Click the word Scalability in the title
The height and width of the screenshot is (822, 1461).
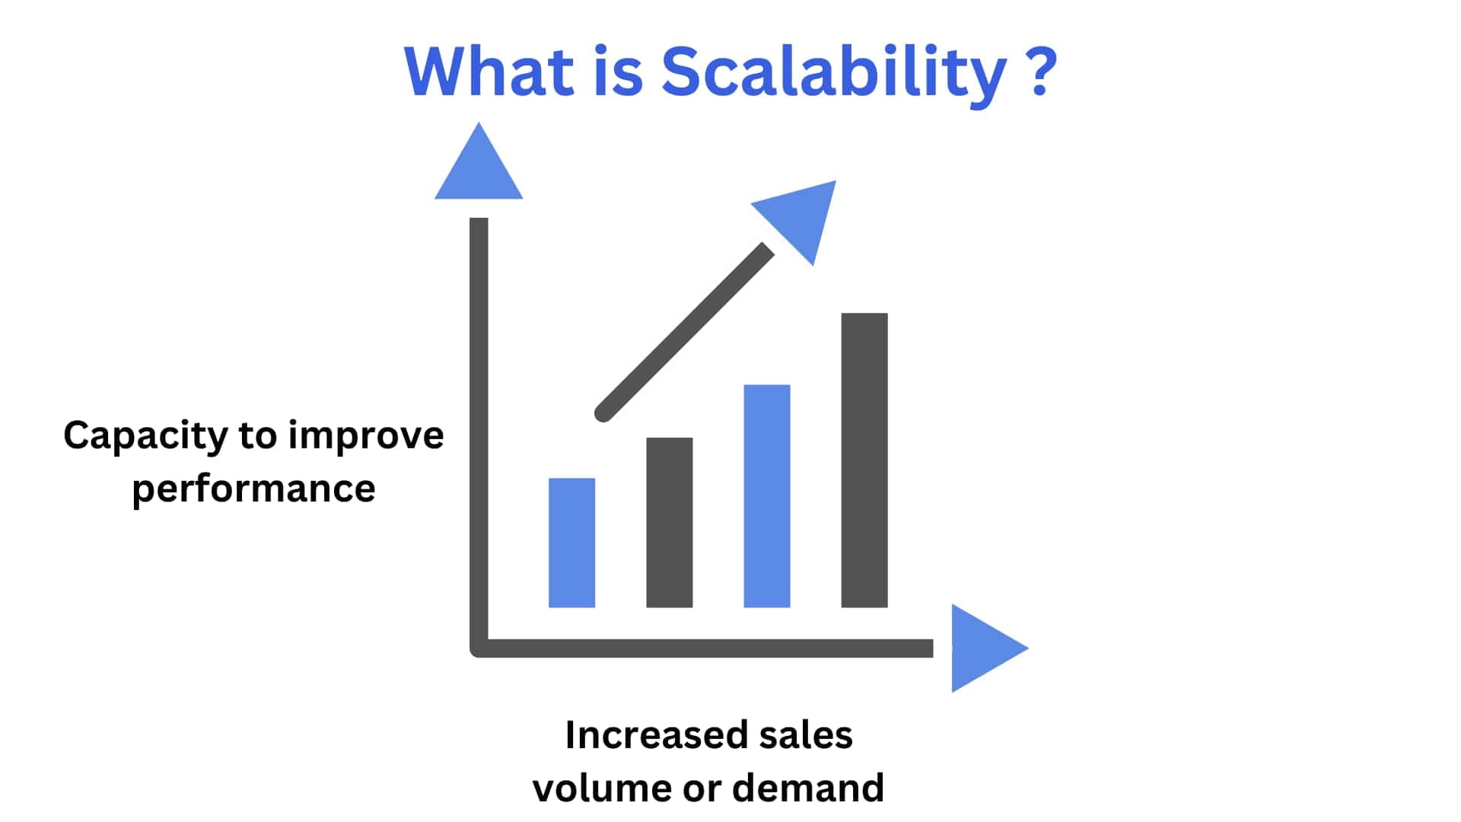834,74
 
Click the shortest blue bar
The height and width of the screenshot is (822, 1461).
571,543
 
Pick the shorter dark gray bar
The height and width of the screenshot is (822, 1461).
669,522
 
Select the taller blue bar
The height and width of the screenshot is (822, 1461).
766,496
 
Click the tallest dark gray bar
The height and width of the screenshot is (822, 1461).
864,460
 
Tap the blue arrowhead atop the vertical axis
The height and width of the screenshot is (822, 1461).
479,164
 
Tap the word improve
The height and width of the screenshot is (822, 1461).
366,438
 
